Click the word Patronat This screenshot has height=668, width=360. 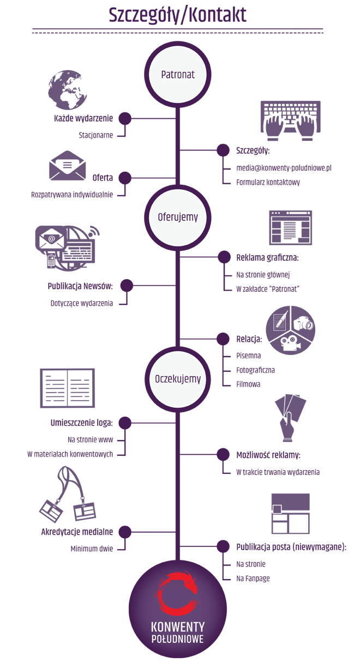(178, 75)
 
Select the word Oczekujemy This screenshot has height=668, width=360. (178, 380)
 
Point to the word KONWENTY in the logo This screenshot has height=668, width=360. (178, 627)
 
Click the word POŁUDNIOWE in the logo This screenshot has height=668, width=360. (178, 639)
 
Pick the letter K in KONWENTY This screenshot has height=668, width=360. (155, 627)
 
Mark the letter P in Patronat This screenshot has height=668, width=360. (164, 75)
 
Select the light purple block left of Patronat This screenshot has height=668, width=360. (68, 82)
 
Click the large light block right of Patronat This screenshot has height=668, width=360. (280, 98)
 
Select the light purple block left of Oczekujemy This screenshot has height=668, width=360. (79, 368)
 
